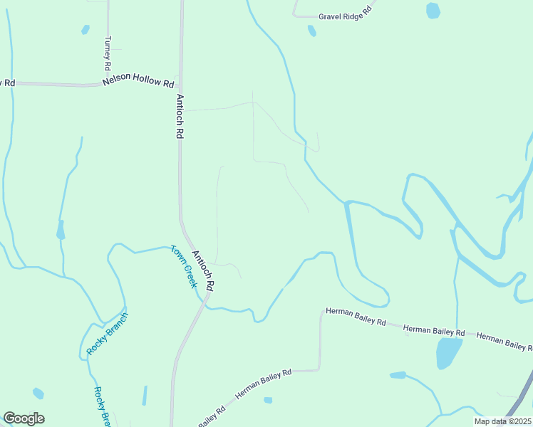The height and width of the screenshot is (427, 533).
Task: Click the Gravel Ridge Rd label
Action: point(345,14)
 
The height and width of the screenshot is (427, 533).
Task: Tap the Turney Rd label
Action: point(108,52)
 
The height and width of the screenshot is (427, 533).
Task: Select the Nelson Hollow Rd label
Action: point(138,82)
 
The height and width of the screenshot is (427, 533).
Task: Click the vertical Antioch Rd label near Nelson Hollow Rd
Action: point(180,117)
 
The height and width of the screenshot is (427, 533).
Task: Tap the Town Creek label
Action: point(183,265)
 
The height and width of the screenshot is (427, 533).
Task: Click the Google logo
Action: point(24,418)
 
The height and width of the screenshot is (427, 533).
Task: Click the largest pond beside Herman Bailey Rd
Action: point(447,352)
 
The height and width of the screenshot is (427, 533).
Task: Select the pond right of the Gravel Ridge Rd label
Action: point(433,11)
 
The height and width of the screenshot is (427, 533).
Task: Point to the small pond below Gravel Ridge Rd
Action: point(311,31)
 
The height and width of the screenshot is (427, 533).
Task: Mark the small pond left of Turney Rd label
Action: point(86,30)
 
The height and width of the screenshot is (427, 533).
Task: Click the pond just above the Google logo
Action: point(38,393)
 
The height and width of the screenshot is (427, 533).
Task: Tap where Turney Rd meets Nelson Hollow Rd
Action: point(108,85)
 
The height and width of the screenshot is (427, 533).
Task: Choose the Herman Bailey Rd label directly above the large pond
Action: point(434,331)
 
